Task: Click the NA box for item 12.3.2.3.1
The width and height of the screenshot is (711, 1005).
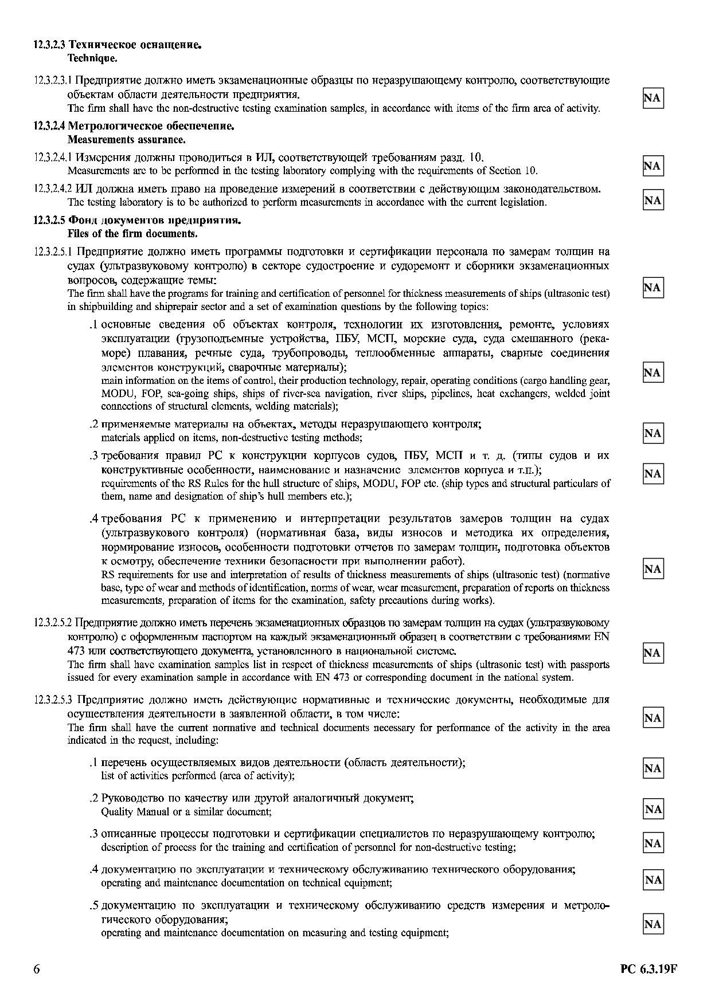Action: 653,99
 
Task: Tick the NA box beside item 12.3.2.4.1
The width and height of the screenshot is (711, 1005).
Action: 653,166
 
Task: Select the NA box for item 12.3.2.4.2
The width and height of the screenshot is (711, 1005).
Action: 653,200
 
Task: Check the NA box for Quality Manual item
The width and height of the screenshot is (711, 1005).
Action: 653,809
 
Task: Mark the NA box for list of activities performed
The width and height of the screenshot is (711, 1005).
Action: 653,768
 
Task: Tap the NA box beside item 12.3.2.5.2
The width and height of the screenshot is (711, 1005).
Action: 653,653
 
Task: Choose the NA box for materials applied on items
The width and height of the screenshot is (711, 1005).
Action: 653,433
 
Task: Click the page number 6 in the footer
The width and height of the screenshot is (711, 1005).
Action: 37,969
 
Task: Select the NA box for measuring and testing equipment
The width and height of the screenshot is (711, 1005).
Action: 653,924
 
